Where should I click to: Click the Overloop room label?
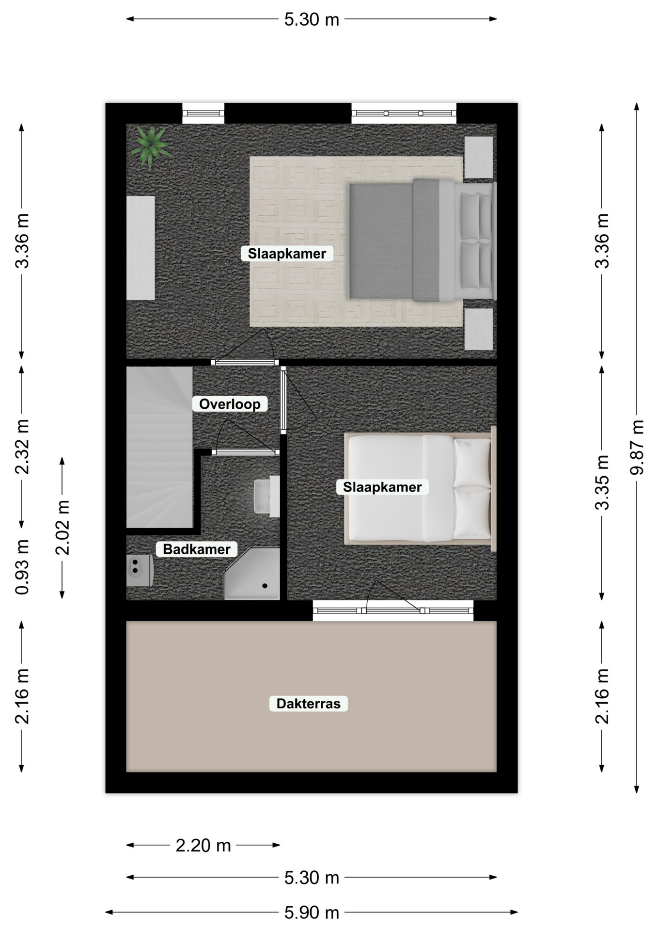[x=230, y=404]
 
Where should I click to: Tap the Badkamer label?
[x=196, y=549]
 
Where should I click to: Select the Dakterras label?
[x=308, y=704]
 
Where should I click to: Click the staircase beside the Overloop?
[x=159, y=447]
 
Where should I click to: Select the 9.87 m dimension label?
[x=637, y=447]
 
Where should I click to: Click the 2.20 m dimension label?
[x=203, y=846]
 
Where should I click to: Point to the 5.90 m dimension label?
[x=312, y=913]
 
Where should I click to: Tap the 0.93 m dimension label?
[x=22, y=566]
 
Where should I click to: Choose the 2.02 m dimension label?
[x=63, y=528]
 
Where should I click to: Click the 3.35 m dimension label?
[x=602, y=482]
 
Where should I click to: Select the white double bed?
[x=420, y=488]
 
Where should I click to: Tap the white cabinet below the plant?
[x=141, y=248]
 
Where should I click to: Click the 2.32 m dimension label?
[x=22, y=447]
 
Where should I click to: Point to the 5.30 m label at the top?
[x=312, y=19]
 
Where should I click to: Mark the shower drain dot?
[x=265, y=586]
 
